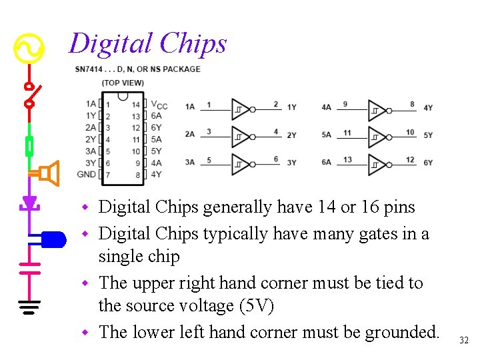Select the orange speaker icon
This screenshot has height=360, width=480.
(x=47, y=173)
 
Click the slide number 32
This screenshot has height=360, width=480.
(x=464, y=341)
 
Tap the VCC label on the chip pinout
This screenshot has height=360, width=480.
(x=159, y=105)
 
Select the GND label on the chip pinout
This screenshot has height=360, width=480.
(x=87, y=175)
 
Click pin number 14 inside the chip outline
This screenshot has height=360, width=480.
(x=136, y=105)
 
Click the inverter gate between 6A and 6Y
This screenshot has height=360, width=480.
(x=379, y=164)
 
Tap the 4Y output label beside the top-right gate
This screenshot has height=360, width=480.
(x=428, y=107)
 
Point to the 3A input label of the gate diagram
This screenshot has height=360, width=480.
(x=190, y=162)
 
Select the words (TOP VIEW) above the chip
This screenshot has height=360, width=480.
(x=123, y=83)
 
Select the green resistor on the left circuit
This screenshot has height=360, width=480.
(x=29, y=146)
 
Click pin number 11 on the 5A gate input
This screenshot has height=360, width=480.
(x=347, y=133)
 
